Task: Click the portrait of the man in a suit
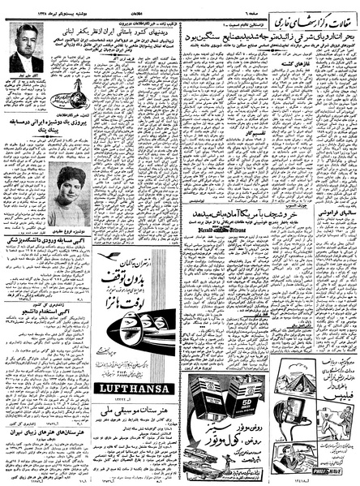pyautogui.click(x=26, y=49)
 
